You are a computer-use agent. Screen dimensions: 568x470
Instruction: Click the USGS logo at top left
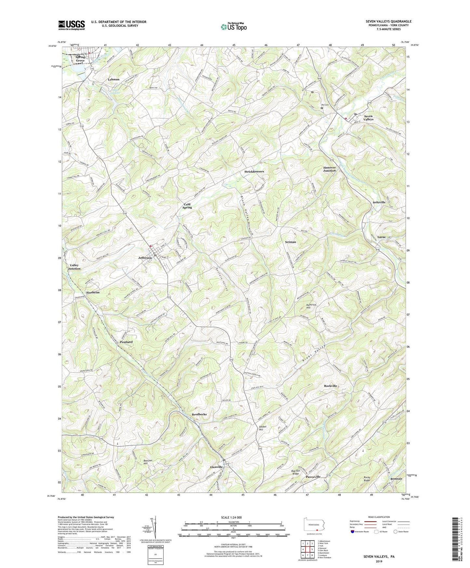(72, 25)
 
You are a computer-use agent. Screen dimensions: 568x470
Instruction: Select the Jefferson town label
(145, 258)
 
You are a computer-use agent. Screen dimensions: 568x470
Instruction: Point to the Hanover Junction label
(329, 169)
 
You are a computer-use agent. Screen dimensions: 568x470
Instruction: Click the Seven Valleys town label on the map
(368, 117)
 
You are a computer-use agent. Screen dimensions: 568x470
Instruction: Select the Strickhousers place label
(254, 171)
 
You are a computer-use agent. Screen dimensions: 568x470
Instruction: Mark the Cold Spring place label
(187, 206)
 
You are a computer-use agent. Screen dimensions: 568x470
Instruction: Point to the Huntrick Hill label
(311, 306)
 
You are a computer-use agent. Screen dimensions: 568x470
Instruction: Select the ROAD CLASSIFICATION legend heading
(379, 517)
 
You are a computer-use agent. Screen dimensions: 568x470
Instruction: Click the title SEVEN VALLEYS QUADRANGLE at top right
(388, 21)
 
